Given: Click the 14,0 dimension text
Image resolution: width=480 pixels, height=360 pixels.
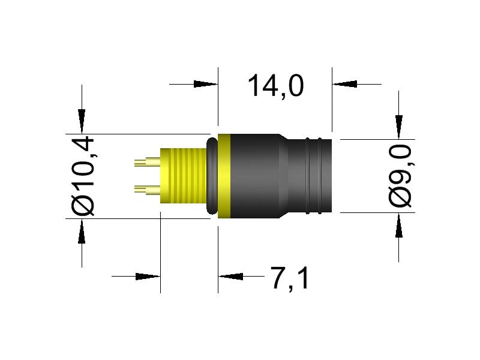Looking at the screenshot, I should click(x=275, y=85).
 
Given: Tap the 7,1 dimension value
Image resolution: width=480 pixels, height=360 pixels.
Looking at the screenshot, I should click(x=290, y=278).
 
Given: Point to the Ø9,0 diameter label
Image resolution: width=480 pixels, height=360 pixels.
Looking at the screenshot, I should click(x=400, y=175).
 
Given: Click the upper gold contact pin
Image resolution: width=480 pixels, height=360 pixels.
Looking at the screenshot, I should click(x=146, y=161).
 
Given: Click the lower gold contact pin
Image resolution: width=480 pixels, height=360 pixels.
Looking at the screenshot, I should click(x=146, y=190).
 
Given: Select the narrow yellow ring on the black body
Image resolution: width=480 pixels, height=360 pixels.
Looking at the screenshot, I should click(x=224, y=175).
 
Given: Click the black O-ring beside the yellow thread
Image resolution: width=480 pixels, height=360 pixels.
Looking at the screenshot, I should click(x=211, y=175).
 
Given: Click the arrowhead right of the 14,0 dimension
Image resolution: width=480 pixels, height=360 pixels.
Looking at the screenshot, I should click(x=345, y=85).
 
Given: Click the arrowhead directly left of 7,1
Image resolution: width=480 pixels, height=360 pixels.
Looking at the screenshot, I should click(x=231, y=277).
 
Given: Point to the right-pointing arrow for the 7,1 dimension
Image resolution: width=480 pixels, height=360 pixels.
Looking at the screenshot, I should click(x=147, y=277).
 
